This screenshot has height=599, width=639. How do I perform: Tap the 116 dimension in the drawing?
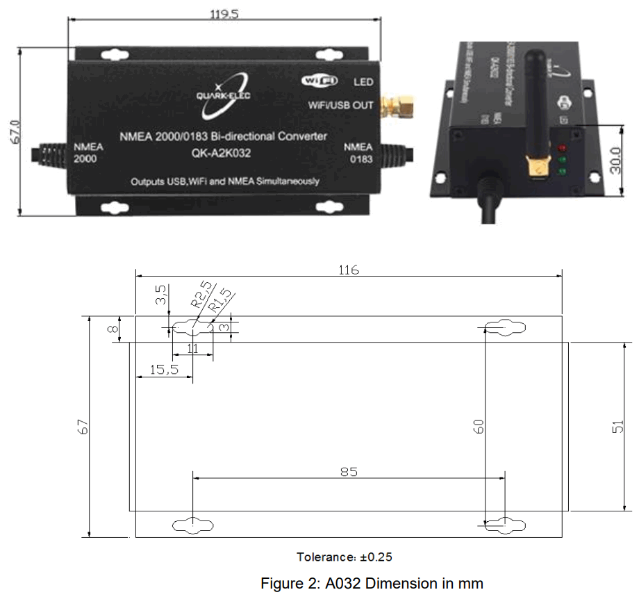tap(349, 270)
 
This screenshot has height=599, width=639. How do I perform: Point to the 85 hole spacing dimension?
tap(349, 472)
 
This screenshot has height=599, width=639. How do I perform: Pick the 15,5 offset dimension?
tap(164, 370)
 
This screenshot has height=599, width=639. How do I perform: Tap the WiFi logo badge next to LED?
tap(319, 81)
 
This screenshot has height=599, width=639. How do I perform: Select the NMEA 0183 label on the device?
tap(358, 152)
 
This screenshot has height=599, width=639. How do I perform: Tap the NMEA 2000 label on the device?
tap(89, 152)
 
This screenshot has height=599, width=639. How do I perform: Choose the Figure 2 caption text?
tap(372, 583)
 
